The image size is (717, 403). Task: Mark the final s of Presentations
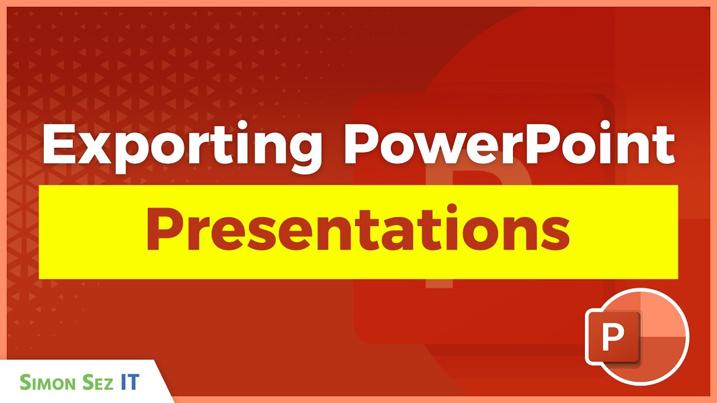(556, 236)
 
